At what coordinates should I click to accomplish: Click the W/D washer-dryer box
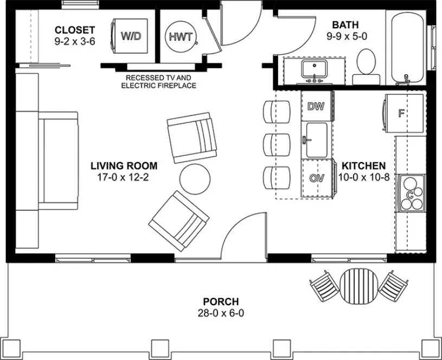coord(130,36)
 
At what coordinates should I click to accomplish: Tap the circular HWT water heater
coord(180,36)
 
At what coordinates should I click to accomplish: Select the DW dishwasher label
coord(316,106)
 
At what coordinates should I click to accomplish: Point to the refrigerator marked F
coord(402,113)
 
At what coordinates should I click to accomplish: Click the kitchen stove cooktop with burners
coord(411,194)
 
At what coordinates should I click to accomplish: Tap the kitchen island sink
coord(316,140)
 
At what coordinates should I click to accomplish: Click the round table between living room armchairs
coord(194,179)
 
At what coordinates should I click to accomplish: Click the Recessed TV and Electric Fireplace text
coord(158,82)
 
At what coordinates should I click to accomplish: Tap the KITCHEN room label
coord(363,166)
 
